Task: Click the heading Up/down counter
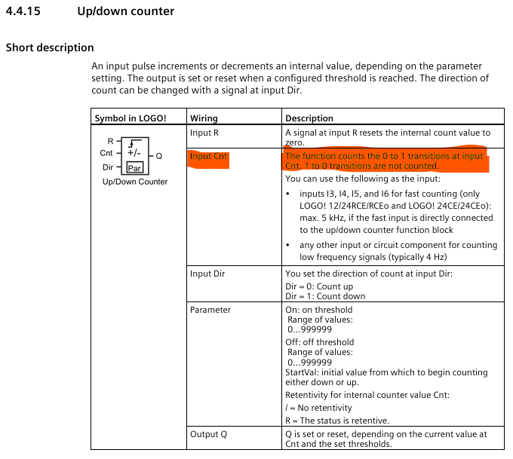tap(125, 11)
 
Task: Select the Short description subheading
tap(50, 47)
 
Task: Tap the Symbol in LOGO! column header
tap(130, 118)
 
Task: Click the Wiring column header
tap(204, 118)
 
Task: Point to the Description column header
tap(309, 118)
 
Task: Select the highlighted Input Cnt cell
tap(208, 157)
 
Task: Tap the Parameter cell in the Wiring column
tap(210, 310)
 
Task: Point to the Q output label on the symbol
tap(159, 156)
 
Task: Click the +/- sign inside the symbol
tap(133, 152)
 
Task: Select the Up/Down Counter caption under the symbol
tap(135, 182)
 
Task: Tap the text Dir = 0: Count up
tap(319, 286)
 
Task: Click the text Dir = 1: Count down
tap(325, 296)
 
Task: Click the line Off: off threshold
tap(319, 341)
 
